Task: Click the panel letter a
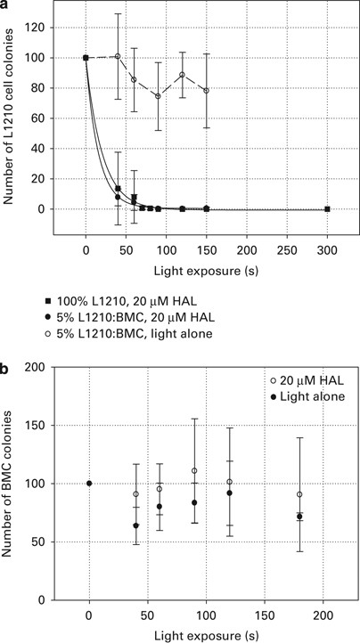tap(8, 7)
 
